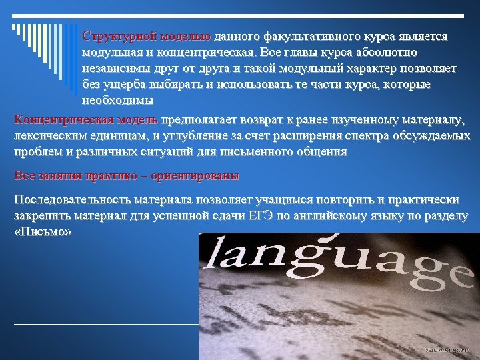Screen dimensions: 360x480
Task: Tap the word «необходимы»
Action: pos(118,101)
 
